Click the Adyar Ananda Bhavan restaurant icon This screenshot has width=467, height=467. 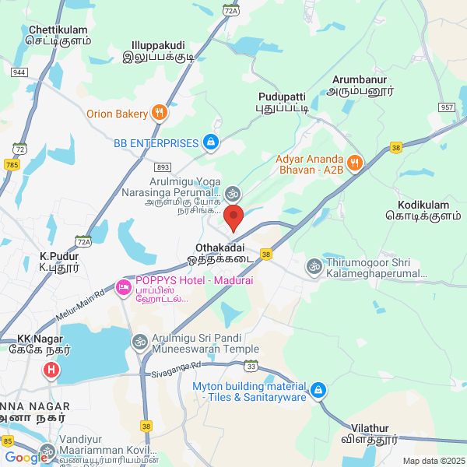tap(355, 163)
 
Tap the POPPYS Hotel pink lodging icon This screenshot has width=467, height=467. tap(124, 288)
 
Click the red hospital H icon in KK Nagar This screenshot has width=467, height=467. tap(51, 370)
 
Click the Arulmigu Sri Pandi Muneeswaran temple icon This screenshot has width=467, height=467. tap(140, 340)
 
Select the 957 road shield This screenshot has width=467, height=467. tap(446, 107)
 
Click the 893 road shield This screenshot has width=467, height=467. tap(163, 167)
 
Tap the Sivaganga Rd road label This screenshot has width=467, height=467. tap(179, 363)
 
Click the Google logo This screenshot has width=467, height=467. tap(26, 458)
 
